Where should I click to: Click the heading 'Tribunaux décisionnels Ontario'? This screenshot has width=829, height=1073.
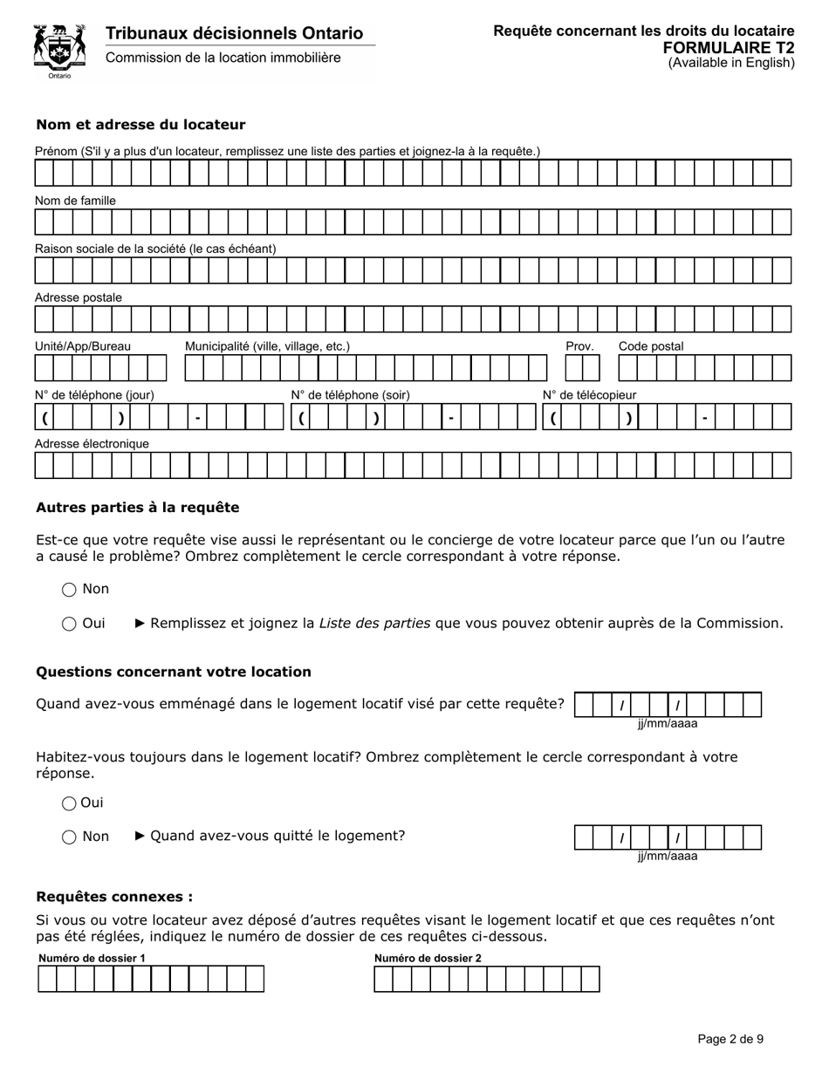point(234,33)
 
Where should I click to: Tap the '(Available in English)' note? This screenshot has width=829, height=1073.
point(731,63)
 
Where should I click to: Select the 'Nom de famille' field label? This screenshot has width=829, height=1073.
point(75,201)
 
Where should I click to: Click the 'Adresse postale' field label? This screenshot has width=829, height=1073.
point(79,297)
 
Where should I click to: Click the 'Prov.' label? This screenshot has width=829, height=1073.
point(579,346)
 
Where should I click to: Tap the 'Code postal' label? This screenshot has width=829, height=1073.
point(651,346)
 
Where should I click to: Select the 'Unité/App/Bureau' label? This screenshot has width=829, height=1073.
point(83,346)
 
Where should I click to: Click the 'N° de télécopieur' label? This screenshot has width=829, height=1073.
point(590,395)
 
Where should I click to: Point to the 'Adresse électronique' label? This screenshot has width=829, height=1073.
point(92,444)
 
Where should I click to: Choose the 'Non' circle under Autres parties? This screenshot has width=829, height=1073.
point(70,590)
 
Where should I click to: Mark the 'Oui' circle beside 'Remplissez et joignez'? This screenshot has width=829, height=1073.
point(70,624)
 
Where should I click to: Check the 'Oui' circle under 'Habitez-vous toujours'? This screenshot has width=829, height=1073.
point(70,803)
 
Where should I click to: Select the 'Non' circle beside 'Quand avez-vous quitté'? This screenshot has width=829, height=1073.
point(70,837)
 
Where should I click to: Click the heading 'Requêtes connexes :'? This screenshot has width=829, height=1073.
point(114,897)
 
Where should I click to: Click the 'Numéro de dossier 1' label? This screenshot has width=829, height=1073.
point(92,958)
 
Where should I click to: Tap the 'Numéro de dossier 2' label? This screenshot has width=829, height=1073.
point(428,958)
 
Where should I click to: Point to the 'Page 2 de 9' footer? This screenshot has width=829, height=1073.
point(730,1039)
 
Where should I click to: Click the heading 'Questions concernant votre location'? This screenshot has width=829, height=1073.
point(174,672)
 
